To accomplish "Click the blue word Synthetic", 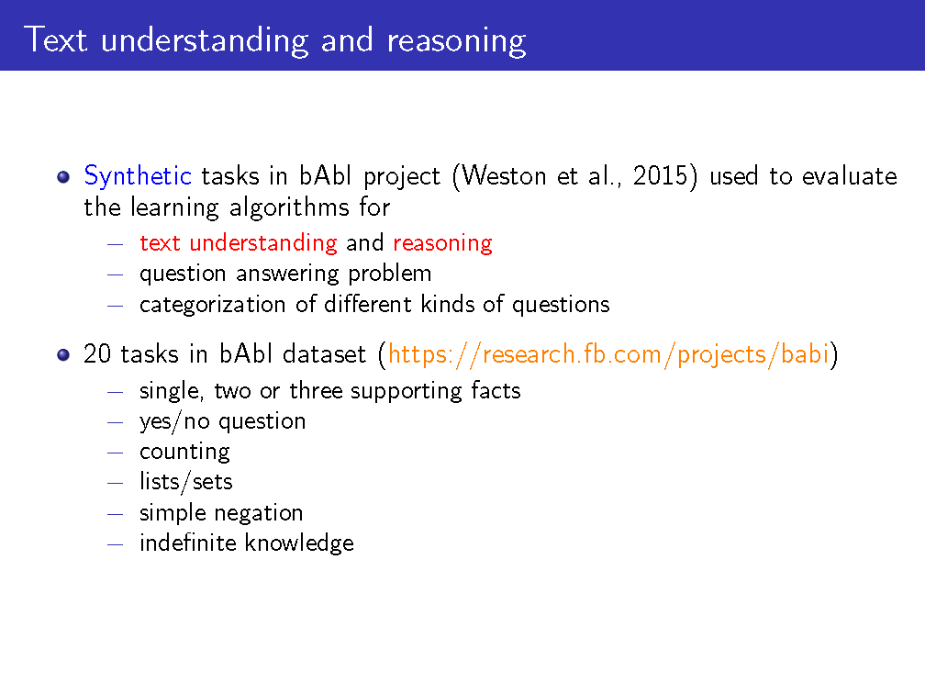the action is [x=138, y=176].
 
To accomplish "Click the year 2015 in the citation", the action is [x=660, y=176].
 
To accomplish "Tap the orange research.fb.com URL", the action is [x=608, y=354].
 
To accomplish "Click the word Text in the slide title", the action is [x=55, y=40].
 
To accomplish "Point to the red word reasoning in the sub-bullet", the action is [x=442, y=243].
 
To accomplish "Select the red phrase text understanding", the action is [x=239, y=243].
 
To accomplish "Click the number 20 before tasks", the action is [x=97, y=354].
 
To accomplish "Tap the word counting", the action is [x=184, y=452].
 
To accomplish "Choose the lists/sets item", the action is [x=185, y=482].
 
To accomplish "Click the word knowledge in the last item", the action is [x=300, y=543].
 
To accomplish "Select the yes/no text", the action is [x=174, y=421].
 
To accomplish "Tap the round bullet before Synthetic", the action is [x=63, y=177].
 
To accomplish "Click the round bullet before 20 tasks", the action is [x=63, y=355].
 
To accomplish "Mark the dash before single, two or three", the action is [x=115, y=392].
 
